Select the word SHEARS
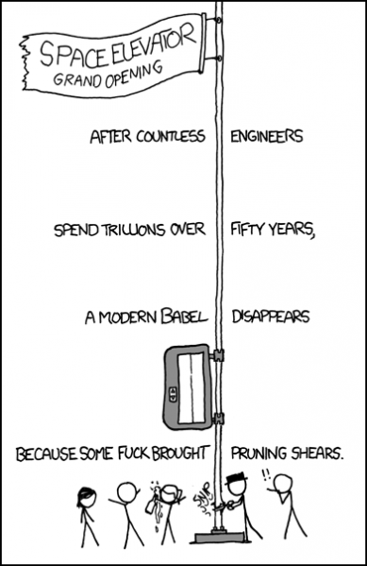pos(318,455)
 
